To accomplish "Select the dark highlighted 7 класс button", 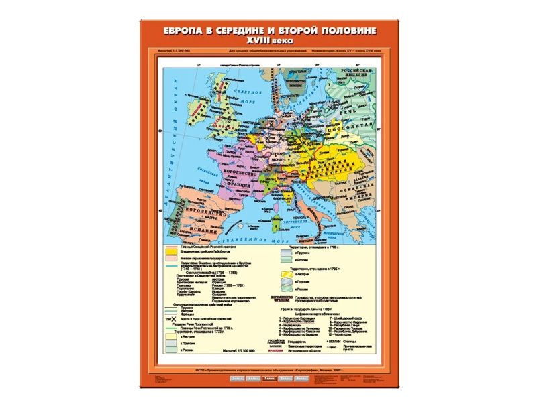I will click(x=269, y=379).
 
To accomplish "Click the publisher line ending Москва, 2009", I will click(x=268, y=368).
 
